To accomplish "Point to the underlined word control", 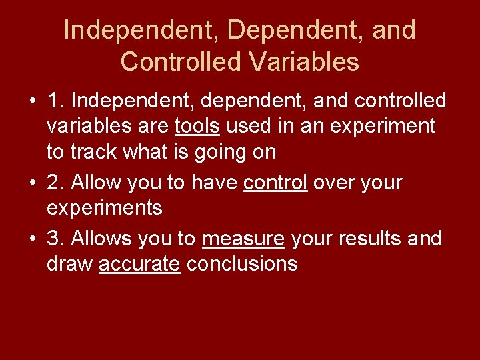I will [x=275, y=183].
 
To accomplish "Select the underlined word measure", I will [x=243, y=239].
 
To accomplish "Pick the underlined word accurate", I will [x=139, y=264].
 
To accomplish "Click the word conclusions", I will [x=242, y=264].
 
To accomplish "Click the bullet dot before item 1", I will [x=33, y=101].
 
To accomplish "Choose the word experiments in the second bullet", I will [x=104, y=208].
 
